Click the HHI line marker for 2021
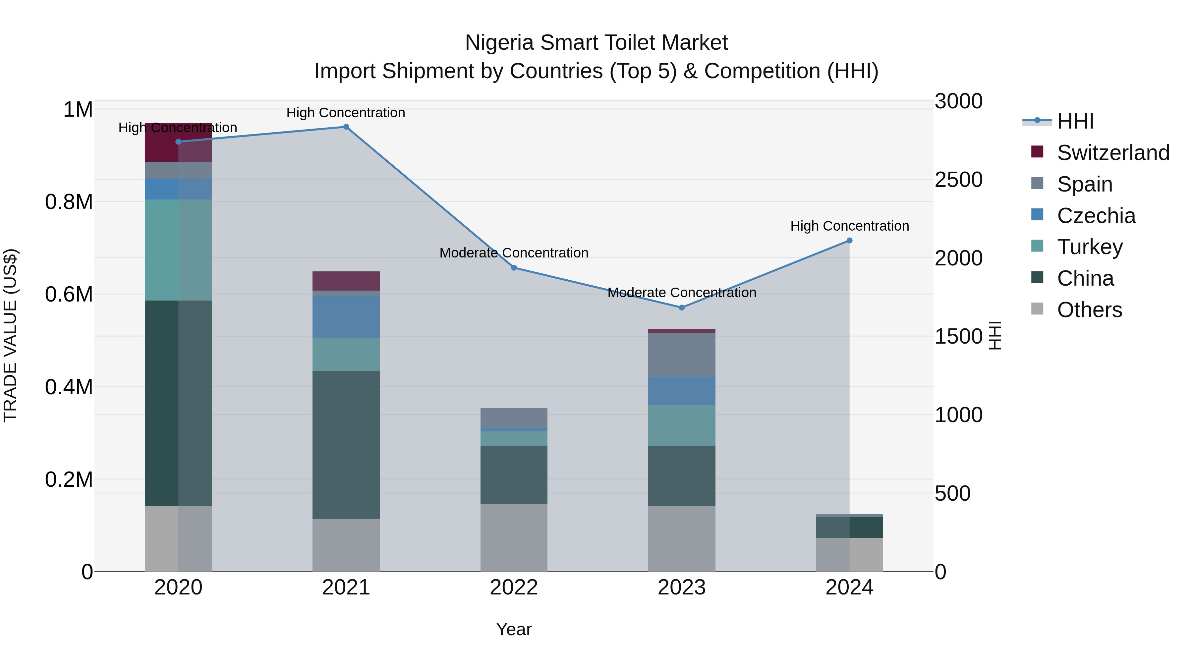pos(346,127)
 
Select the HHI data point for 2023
pos(681,308)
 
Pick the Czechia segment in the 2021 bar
pos(346,317)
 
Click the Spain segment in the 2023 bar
pos(681,355)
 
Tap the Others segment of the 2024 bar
pos(849,554)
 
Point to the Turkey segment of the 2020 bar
pos(178,250)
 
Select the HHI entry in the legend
pos(1075,121)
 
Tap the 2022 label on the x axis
pos(514,587)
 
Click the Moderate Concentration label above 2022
pos(514,253)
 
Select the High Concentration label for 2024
pos(849,226)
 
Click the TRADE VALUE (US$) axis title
pos(10,335)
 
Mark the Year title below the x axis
pos(514,629)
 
